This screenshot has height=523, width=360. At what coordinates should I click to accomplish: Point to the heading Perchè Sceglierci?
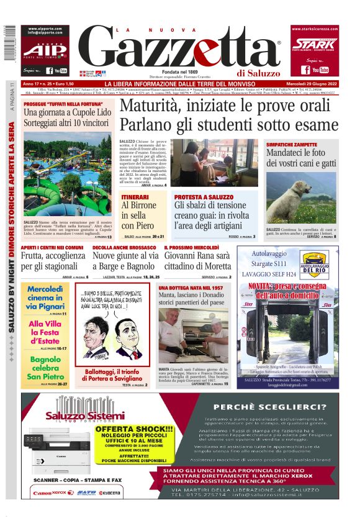coord(269,407)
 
